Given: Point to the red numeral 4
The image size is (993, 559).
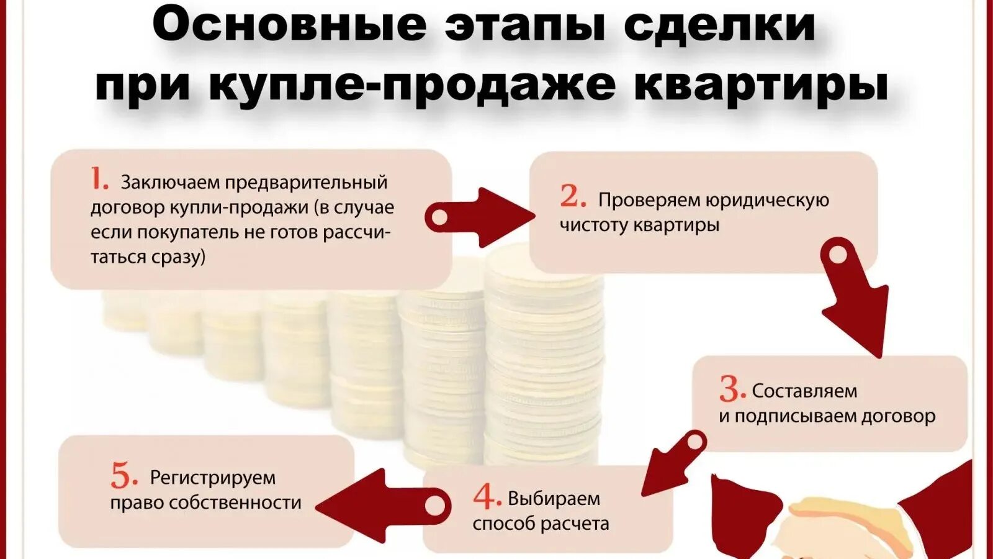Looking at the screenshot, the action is coord(487,496).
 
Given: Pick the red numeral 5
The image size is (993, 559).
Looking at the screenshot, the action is coord(124,476).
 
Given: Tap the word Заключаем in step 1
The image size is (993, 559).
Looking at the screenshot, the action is coord(170,183).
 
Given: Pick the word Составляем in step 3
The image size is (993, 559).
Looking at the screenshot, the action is coord(804,391).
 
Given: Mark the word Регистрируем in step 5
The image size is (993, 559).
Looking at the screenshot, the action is coord(213,478).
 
